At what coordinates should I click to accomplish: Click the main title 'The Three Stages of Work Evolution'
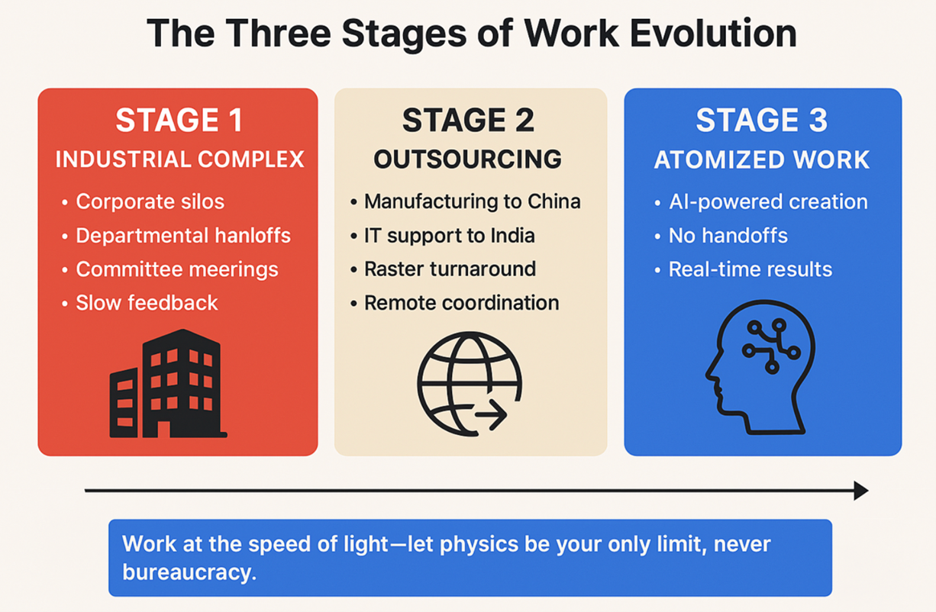[x=471, y=34]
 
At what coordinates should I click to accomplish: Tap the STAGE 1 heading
[x=179, y=121]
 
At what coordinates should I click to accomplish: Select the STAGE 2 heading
[x=468, y=121]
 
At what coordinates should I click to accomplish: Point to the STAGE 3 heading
[x=761, y=121]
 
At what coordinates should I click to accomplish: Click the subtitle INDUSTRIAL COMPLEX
[x=179, y=159]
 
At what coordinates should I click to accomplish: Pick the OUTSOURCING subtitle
[x=467, y=159]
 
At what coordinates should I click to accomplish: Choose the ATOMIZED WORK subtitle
[x=761, y=159]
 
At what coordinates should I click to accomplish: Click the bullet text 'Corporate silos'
[x=150, y=201]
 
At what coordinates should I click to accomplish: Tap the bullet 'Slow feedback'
[x=147, y=303]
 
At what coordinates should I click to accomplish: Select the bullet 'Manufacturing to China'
[x=472, y=201]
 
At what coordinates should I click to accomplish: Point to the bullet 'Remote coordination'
[x=461, y=303]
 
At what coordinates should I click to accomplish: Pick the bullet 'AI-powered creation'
[x=767, y=202]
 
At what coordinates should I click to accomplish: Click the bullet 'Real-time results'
[x=750, y=269]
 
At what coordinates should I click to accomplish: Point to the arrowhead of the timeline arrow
[x=861, y=491]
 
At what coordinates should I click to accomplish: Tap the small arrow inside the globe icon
[x=491, y=417]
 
